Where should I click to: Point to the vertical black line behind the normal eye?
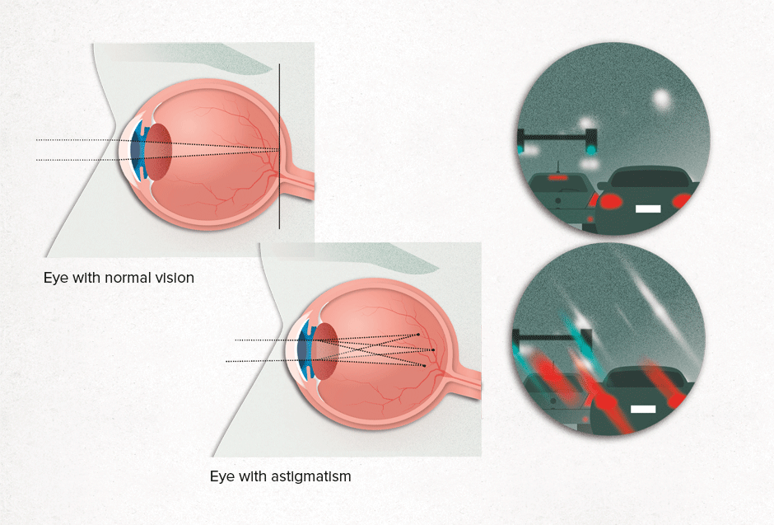[x=279, y=146]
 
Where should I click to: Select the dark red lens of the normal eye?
[x=159, y=152]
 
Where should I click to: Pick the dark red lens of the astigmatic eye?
[x=325, y=351]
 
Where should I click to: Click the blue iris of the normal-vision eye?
[x=139, y=150]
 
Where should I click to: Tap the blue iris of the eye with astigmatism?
[x=306, y=349]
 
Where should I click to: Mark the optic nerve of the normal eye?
[x=296, y=181]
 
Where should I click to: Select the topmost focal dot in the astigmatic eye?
[x=418, y=335]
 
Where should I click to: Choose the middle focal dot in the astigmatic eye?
[x=433, y=350]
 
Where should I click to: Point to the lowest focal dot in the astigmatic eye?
[x=424, y=366]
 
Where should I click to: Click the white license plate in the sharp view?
[x=648, y=209]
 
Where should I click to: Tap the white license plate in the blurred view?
[x=643, y=409]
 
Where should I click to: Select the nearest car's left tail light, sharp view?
[x=611, y=201]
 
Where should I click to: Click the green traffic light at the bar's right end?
[x=590, y=148]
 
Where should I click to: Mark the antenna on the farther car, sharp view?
[x=557, y=167]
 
